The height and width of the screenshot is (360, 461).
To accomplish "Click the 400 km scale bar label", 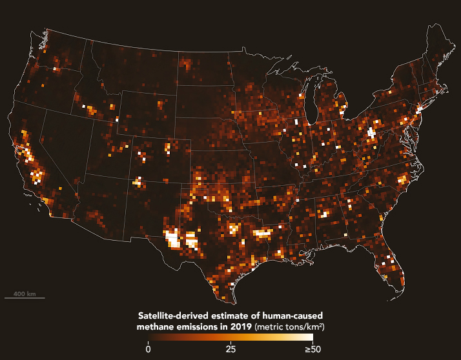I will [x=25, y=294].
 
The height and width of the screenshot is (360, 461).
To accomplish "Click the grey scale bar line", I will [x=25, y=298].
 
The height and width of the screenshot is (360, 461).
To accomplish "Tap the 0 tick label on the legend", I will [x=148, y=350].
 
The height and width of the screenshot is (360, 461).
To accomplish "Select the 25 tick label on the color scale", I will [x=230, y=350].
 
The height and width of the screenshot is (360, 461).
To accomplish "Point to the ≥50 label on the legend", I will [x=312, y=350].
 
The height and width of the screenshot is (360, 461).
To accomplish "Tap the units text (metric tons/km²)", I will [x=289, y=327].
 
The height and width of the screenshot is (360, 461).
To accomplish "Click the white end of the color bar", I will [x=310, y=339].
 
